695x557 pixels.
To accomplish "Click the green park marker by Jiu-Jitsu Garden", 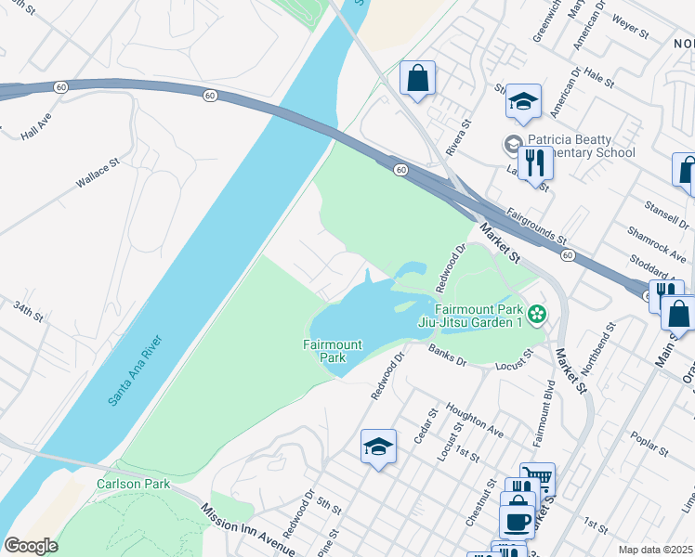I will tap(536, 317).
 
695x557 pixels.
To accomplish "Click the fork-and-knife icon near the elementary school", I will tap(535, 163).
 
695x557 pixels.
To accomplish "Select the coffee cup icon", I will tap(517, 520).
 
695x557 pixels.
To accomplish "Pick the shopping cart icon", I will tap(537, 479).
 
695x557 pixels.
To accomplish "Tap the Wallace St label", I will tap(98, 174).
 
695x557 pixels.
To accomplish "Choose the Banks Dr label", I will tap(447, 356).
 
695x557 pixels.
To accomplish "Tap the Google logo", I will tap(31, 546).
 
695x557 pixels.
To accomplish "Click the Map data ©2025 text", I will tap(656, 550).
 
